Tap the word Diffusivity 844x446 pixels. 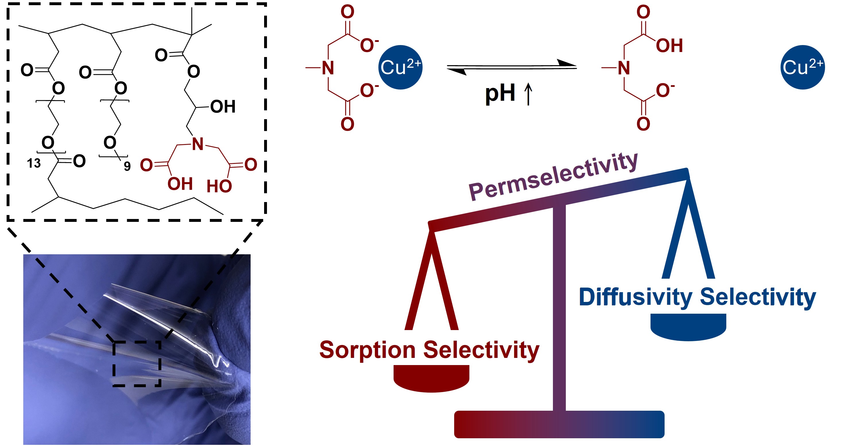[635, 297]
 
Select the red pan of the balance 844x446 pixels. [431, 378]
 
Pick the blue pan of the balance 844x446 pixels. [688, 327]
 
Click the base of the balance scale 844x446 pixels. [559, 424]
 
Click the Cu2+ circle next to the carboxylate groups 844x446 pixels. [400, 67]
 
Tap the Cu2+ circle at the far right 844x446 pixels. [802, 67]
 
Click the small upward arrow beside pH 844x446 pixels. [528, 94]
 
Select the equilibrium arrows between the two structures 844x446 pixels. [512, 67]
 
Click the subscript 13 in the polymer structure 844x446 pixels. [34, 163]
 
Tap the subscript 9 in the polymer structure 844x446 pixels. [127, 166]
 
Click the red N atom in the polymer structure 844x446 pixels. [198, 144]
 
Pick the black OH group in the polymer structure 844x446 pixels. [223, 107]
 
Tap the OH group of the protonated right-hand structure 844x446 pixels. [669, 46]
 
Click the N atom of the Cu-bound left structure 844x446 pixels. [328, 68]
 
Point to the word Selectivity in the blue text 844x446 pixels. [758, 297]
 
